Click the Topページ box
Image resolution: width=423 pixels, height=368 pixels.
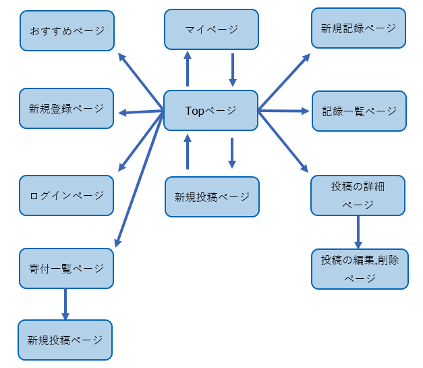point(210,109)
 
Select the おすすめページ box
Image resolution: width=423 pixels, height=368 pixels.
point(67,30)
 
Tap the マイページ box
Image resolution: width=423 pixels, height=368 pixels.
point(211,29)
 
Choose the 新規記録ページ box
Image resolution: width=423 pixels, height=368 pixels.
point(358,28)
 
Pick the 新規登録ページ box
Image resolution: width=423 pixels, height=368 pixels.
point(67,109)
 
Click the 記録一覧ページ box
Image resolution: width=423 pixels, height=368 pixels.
point(358,111)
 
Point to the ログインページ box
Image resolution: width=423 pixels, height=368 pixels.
point(67,196)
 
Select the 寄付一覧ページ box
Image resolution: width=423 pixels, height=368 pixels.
point(67,269)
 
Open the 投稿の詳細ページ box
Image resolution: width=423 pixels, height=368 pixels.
point(358,195)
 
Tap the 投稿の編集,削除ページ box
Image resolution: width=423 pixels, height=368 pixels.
point(360,269)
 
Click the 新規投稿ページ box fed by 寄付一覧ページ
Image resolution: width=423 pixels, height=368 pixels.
point(65,340)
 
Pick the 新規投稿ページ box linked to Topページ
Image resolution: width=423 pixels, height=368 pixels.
point(212,196)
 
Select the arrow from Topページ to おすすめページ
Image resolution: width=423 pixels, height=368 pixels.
point(141,81)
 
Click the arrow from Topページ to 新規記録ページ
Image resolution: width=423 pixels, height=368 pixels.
point(284,81)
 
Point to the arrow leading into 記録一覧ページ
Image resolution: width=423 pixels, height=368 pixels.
point(284,111)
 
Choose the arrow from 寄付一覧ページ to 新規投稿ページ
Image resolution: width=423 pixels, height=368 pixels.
point(65,305)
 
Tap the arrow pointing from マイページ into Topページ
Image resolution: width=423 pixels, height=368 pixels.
point(232,70)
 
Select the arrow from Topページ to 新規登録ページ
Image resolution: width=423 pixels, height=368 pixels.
point(141,111)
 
